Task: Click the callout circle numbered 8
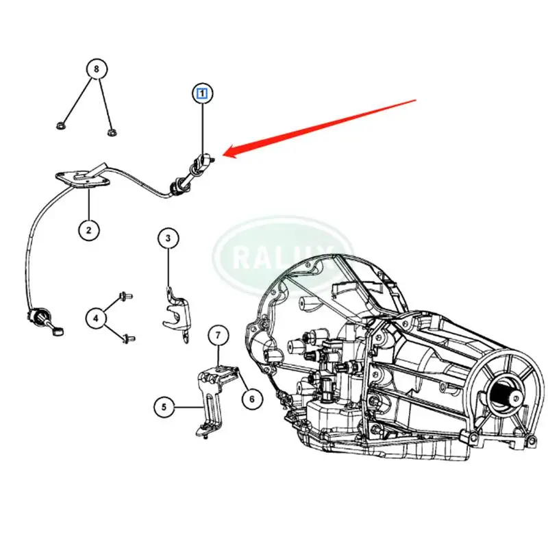pyautogui.click(x=97, y=69)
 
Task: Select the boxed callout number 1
pyautogui.click(x=203, y=93)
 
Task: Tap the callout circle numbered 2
pyautogui.click(x=89, y=229)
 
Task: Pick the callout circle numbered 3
pyautogui.click(x=169, y=239)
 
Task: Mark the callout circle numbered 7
pyautogui.click(x=218, y=336)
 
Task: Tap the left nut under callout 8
pyautogui.click(x=61, y=126)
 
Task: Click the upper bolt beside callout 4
pyautogui.click(x=125, y=297)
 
